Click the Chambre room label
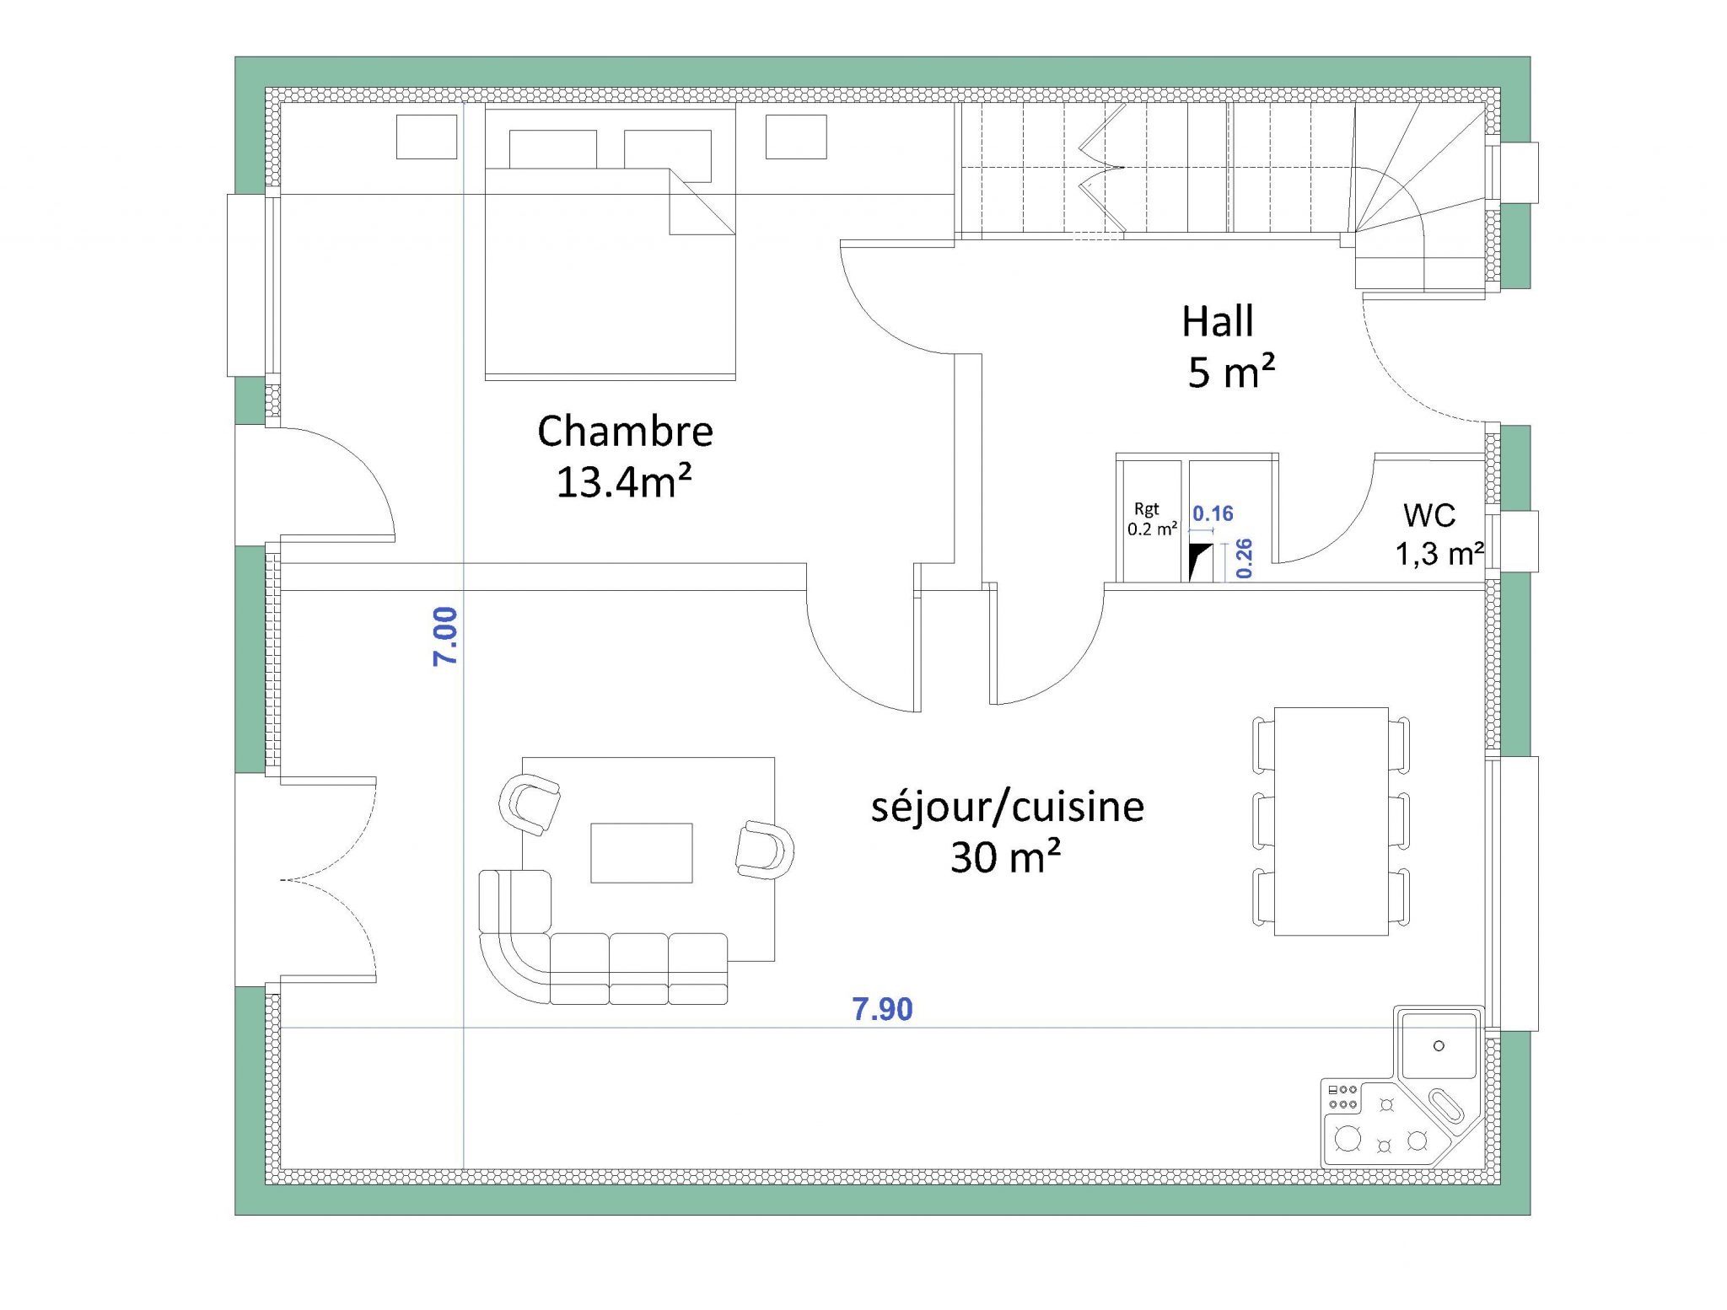[625, 432]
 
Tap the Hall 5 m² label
[1228, 346]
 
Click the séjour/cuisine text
[1007, 807]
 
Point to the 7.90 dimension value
[882, 1009]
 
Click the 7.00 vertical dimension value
[445, 636]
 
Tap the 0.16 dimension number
[1213, 513]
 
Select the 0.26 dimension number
[1245, 558]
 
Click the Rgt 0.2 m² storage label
[1151, 519]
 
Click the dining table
[1331, 821]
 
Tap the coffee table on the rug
[641, 853]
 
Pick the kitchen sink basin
[1439, 1046]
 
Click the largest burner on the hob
[1348, 1139]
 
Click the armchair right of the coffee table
[764, 850]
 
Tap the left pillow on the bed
[552, 149]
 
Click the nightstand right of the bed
[795, 137]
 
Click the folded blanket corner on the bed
[700, 202]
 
